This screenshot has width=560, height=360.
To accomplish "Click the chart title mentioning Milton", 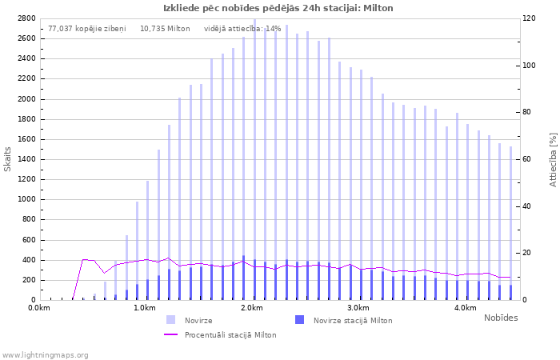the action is click(x=278, y=8).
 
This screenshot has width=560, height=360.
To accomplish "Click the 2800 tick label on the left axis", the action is click(x=26, y=18).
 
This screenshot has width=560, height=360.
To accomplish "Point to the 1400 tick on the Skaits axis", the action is click(x=26, y=159).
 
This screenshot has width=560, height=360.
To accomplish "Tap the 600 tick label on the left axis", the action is click(x=29, y=240).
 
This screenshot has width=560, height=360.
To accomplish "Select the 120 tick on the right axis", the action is click(x=530, y=18).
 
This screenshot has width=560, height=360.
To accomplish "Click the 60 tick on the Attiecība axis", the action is click(x=526, y=159).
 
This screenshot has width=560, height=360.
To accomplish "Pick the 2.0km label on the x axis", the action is click(x=252, y=308).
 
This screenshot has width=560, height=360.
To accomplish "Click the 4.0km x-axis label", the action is click(x=466, y=308).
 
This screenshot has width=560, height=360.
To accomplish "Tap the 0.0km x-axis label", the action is click(x=39, y=308).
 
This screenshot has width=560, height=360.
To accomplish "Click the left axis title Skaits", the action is click(x=7, y=159).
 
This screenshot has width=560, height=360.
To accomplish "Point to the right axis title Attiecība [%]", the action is click(x=553, y=160).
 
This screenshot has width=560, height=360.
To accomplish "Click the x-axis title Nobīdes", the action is click(x=501, y=318).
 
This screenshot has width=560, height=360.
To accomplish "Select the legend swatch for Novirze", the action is click(x=171, y=320).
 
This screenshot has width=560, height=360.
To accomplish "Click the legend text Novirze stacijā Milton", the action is click(x=353, y=321).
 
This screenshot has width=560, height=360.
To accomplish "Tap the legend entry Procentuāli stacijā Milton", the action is click(x=220, y=335).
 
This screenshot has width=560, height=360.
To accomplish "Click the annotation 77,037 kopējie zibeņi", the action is click(x=87, y=29).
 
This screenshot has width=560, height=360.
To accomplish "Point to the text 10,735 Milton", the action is click(x=165, y=29).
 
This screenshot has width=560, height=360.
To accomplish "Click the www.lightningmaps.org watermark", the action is click(x=44, y=355).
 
